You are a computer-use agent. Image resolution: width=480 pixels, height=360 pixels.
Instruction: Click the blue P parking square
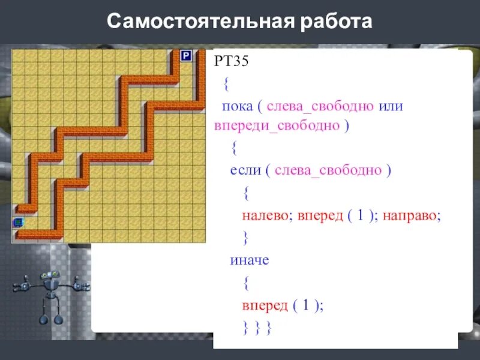point(186,56)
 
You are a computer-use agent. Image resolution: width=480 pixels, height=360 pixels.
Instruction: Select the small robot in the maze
point(19,223)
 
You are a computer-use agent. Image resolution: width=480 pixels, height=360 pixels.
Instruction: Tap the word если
point(245,170)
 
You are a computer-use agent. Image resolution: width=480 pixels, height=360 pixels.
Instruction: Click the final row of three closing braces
point(257,328)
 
